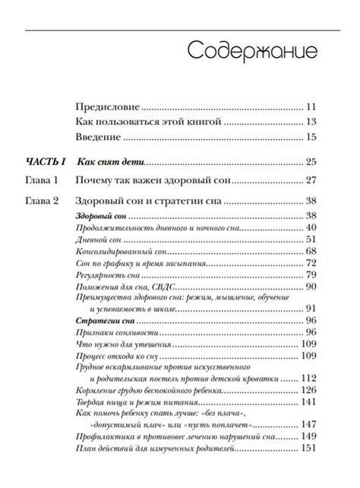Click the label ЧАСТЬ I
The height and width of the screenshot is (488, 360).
tap(47, 162)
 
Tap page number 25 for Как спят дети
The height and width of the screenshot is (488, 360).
tap(309, 162)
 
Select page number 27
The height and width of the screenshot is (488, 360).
tap(309, 181)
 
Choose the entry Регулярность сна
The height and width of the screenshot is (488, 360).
tap(109, 274)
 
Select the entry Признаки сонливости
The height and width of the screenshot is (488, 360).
tap(113, 333)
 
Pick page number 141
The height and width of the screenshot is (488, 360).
tap(308, 401)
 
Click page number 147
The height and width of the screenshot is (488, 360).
tap(308, 424)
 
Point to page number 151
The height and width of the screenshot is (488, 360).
tap(308, 448)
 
